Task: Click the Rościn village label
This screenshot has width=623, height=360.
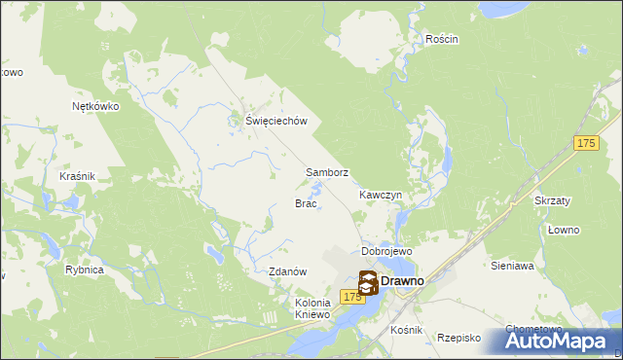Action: (441, 39)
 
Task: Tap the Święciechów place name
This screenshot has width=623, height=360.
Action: (276, 121)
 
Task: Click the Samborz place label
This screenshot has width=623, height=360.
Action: (327, 172)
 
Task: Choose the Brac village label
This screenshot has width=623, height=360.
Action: (306, 203)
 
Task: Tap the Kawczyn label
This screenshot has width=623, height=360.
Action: (380, 195)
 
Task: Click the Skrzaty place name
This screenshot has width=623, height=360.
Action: (552, 199)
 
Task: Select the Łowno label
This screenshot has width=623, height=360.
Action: (563, 230)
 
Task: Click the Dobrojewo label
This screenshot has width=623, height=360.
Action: (387, 251)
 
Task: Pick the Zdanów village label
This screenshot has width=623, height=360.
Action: (288, 271)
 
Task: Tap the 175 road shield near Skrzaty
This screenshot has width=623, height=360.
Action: (585, 143)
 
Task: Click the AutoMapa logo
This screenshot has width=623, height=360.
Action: (561, 341)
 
